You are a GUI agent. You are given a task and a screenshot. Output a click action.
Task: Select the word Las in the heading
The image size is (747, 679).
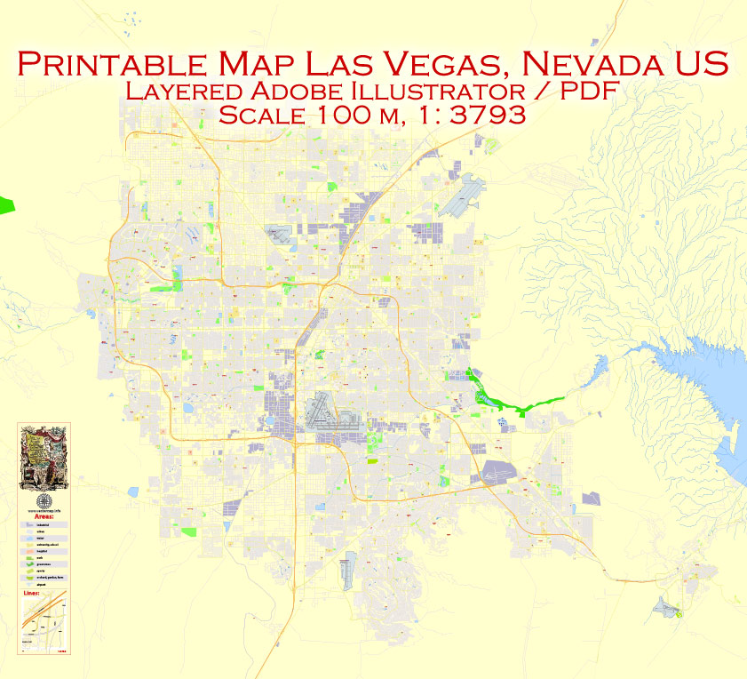pos(340,64)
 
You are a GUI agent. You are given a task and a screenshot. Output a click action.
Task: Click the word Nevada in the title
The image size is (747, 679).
pos(593,64)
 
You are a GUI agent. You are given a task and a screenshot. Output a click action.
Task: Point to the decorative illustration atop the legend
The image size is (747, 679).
pos(44,459)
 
